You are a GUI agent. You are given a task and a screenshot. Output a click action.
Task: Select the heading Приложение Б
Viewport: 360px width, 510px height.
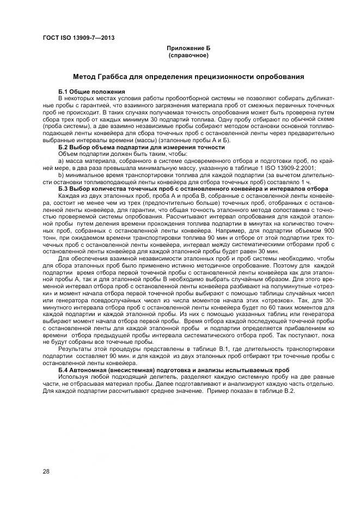(x=188, y=49)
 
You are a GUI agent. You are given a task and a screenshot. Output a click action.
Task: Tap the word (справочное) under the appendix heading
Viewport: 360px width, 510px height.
(x=188, y=56)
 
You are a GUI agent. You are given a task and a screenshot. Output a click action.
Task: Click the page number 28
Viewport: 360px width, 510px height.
(x=46, y=471)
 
